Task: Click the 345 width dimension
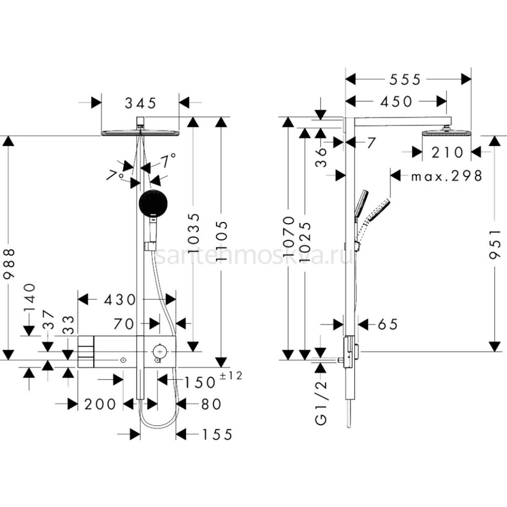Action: click(141, 103)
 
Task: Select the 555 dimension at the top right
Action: click(405, 79)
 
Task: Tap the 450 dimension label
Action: click(396, 101)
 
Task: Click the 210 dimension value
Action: click(447, 152)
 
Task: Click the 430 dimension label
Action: click(120, 300)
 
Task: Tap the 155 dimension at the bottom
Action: click(217, 434)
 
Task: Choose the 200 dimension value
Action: click(100, 404)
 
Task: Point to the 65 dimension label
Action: click(387, 324)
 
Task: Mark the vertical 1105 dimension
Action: click(221, 236)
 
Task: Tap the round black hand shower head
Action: click(153, 203)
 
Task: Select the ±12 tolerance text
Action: click(232, 375)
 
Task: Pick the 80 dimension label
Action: click(211, 404)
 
